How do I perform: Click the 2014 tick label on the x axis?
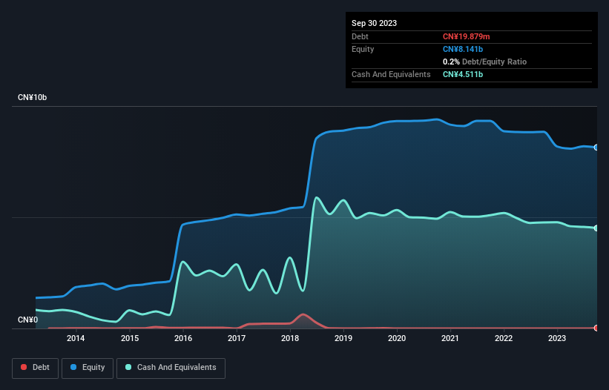[75, 339]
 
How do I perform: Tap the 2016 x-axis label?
[182, 339]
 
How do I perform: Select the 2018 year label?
[290, 339]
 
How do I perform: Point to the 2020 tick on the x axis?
[397, 339]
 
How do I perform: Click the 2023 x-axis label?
[557, 339]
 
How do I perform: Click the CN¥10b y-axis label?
[33, 98]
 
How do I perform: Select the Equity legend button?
[88, 367]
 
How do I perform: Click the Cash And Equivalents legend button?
[171, 367]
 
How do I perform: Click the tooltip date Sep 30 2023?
[374, 23]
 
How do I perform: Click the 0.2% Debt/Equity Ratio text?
[484, 62]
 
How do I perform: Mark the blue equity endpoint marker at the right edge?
[596, 148]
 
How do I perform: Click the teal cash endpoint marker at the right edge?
[596, 228]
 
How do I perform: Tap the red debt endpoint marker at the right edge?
[596, 328]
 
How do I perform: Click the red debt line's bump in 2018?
[302, 314]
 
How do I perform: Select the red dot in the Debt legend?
[24, 368]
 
